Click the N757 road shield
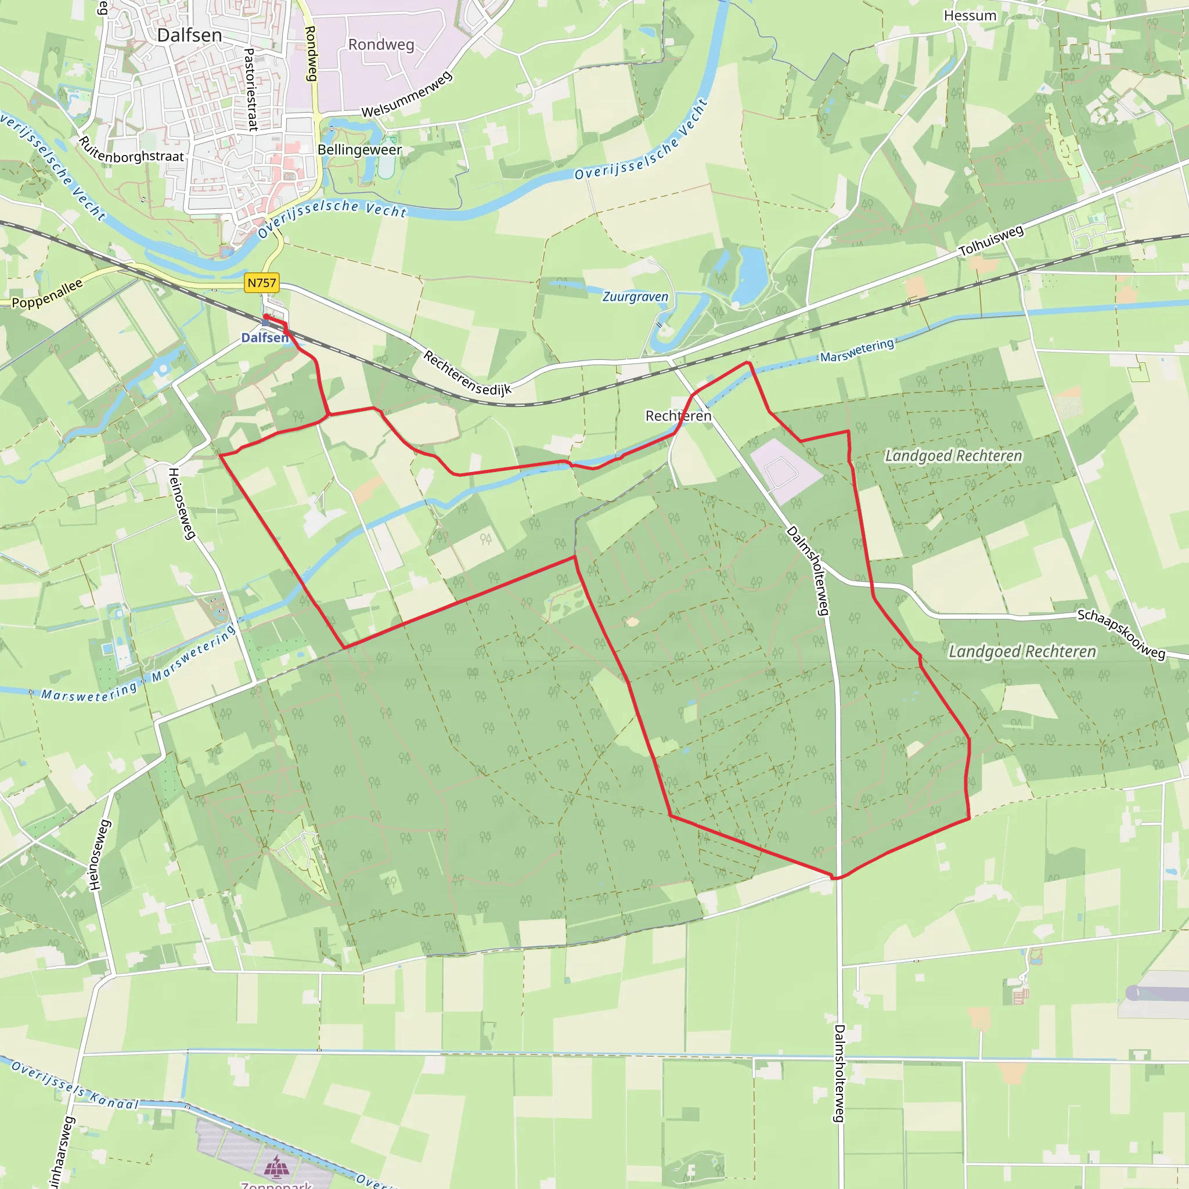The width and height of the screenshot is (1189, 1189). [262, 283]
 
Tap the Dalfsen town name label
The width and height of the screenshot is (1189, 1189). [189, 35]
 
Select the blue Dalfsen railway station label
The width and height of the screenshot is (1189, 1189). [264, 337]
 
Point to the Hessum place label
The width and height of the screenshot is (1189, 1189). [970, 16]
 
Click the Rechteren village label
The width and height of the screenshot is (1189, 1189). [678, 416]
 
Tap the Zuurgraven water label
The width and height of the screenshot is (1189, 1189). [635, 297]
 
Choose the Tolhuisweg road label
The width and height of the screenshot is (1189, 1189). [992, 240]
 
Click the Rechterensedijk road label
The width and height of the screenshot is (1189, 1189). [468, 373]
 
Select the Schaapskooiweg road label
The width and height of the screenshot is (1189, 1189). [1121, 635]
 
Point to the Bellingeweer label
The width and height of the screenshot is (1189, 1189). [359, 150]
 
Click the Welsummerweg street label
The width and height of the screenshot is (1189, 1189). [408, 95]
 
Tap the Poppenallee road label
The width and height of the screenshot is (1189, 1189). [48, 294]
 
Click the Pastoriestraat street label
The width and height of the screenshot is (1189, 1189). [250, 90]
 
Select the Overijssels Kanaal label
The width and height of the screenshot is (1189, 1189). [75, 1087]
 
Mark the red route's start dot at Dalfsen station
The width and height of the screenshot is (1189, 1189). [266, 316]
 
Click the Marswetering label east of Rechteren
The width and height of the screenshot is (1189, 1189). [857, 350]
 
